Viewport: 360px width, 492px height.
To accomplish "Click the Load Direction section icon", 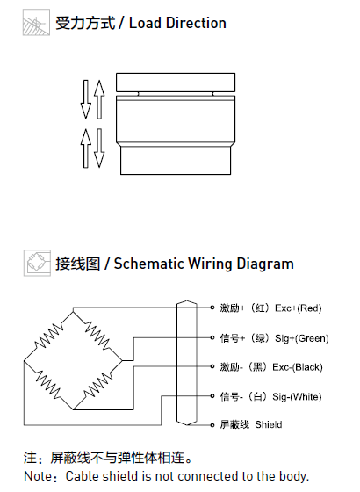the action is [36, 22].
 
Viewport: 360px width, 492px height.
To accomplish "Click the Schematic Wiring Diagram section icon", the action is [37, 263].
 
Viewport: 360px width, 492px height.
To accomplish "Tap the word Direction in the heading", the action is [196, 23].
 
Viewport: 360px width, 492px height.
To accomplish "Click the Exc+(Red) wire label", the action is [298, 308].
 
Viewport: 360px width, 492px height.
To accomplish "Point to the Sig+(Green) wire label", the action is [302, 338].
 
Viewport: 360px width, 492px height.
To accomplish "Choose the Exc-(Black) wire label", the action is [298, 367].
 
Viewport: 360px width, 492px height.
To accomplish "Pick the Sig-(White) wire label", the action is [297, 397].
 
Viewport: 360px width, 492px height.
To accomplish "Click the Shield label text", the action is [269, 424].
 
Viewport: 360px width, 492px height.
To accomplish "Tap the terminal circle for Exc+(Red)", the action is [212, 307].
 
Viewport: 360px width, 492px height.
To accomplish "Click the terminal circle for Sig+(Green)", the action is [212, 337].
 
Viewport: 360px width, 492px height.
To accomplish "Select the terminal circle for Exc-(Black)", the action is [212, 366].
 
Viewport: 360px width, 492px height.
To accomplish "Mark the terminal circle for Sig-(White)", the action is [212, 396].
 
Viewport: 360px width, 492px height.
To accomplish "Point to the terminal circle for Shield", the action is [212, 425].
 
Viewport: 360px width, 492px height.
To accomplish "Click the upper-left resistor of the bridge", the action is [49, 336].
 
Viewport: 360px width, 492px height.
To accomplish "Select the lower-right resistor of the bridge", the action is [97, 386].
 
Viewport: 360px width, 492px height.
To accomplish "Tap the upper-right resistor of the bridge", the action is [97, 336].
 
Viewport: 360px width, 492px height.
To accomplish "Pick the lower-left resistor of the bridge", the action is [48, 386].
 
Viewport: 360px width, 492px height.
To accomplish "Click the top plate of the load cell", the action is [176, 83].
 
